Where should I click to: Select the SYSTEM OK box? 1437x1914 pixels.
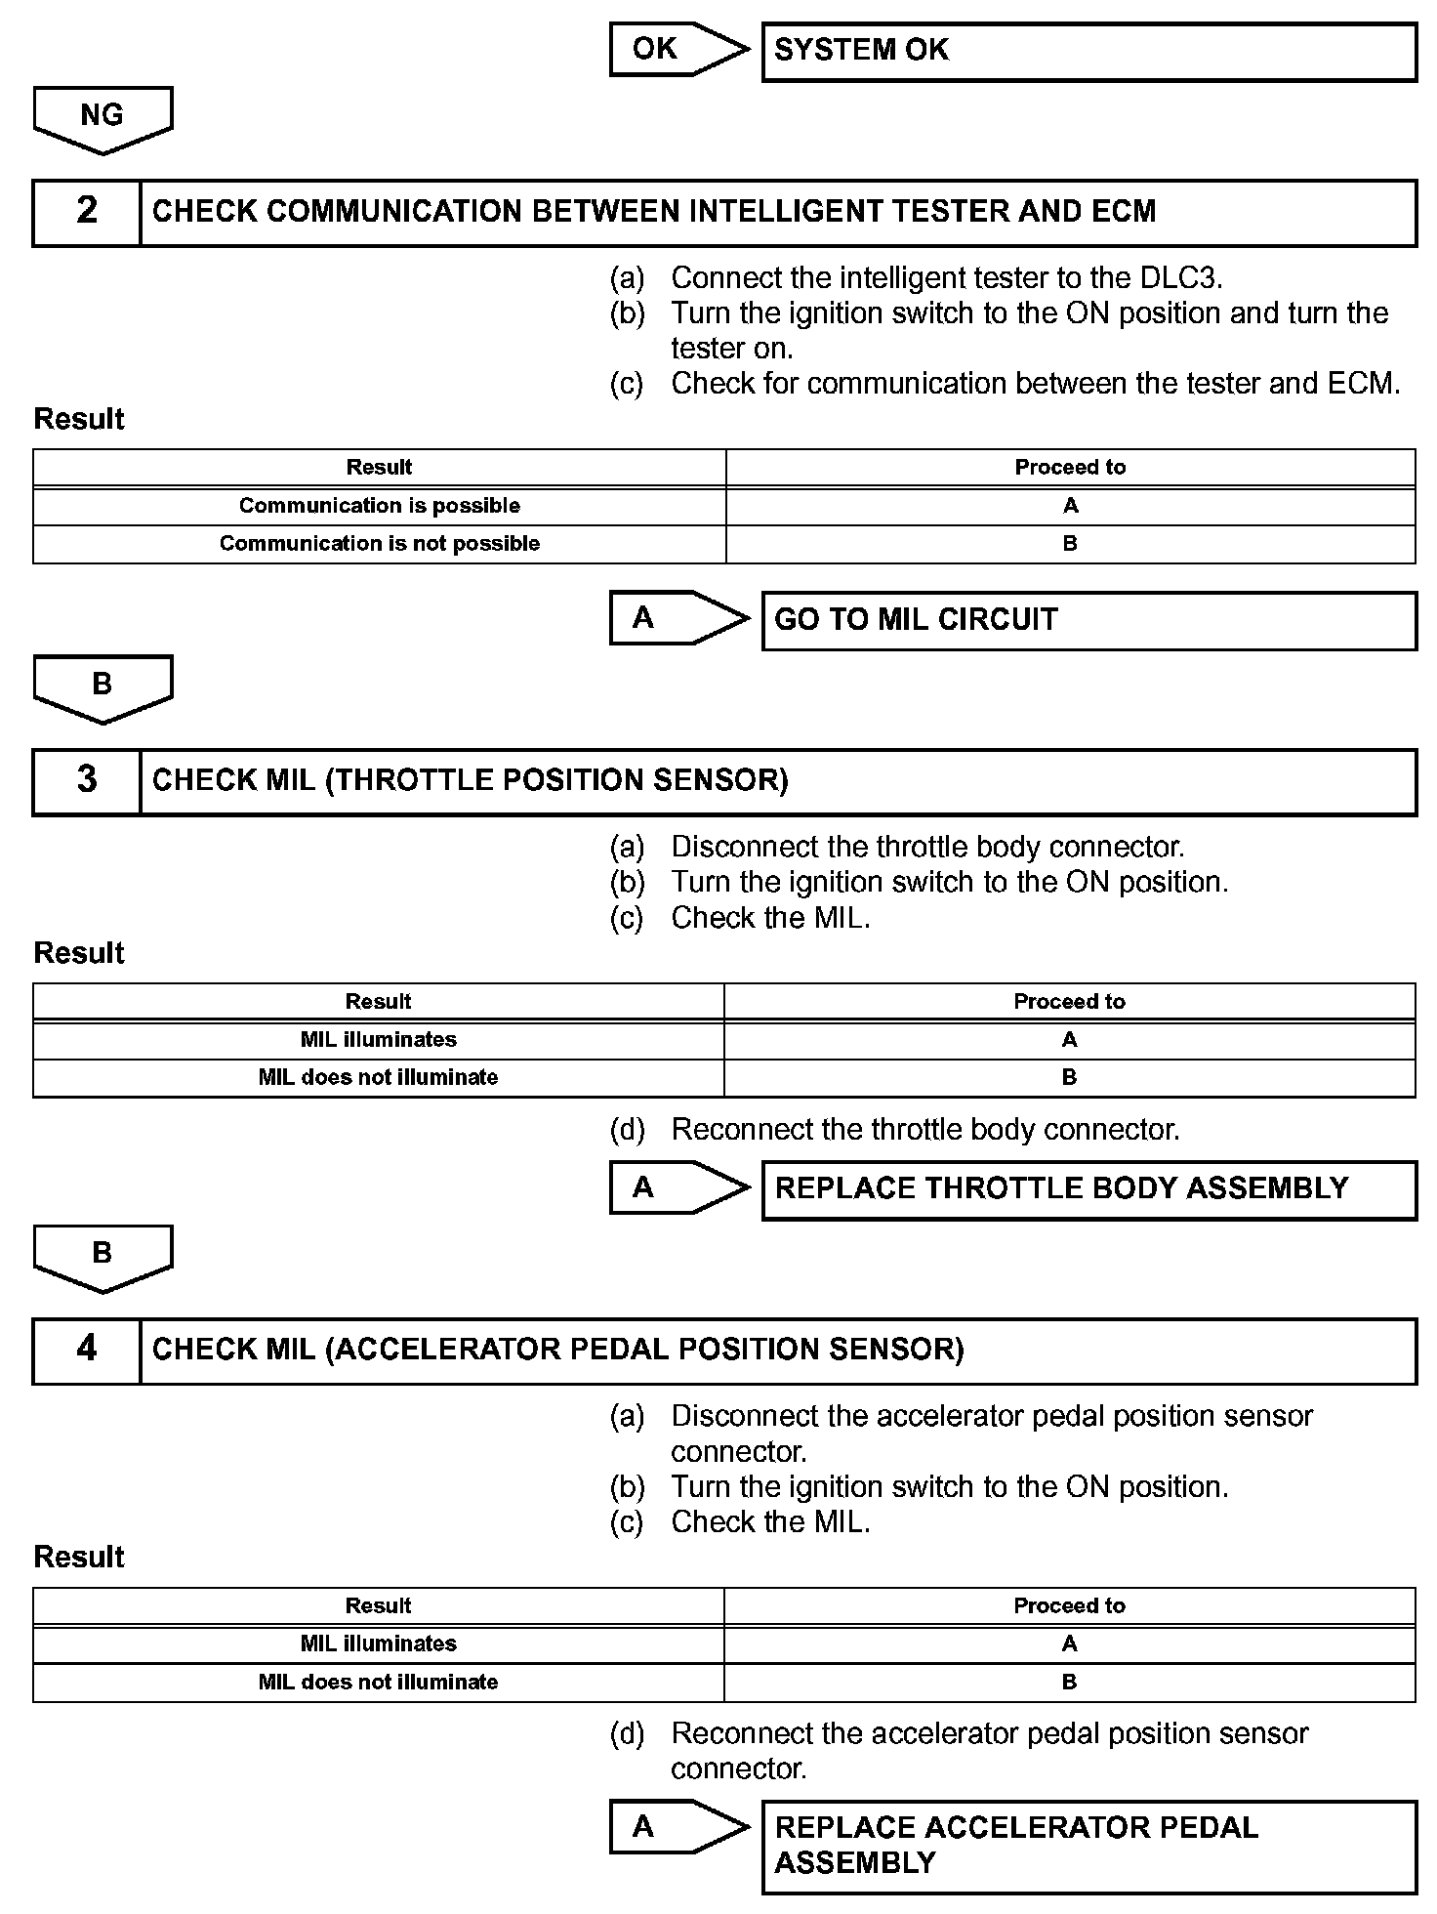1088,52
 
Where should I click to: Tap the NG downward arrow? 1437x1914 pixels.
103,118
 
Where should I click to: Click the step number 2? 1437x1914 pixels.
87,212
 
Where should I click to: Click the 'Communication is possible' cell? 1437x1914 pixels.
379,506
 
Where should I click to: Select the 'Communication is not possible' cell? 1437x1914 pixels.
379,544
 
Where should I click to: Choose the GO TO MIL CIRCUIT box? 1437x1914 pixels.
1088,620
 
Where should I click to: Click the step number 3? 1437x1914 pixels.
87,781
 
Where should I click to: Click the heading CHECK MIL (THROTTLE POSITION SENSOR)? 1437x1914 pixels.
470,781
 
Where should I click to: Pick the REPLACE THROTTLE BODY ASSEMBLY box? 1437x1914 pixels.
1088,1189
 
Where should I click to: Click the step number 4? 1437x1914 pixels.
87,1351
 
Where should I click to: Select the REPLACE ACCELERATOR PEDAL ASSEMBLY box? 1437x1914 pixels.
1088,1846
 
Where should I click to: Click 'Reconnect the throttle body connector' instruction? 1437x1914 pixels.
924,1130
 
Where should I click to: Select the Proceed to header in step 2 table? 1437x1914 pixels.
1070,468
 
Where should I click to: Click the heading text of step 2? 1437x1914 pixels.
653,212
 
